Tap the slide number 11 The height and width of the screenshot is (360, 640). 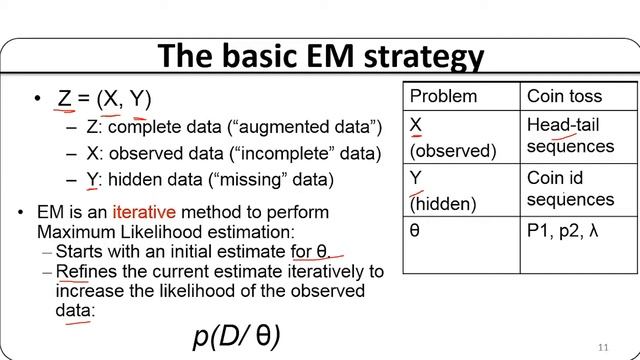point(602,346)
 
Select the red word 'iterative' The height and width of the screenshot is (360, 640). point(144,213)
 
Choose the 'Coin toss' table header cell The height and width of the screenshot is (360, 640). point(564,97)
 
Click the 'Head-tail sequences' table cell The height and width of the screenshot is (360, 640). point(570,136)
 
